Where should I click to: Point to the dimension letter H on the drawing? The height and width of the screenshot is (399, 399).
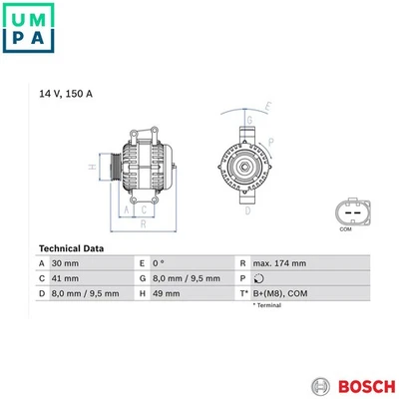pos(91,168)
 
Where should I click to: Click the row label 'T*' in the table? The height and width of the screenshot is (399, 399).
pos(243,293)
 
